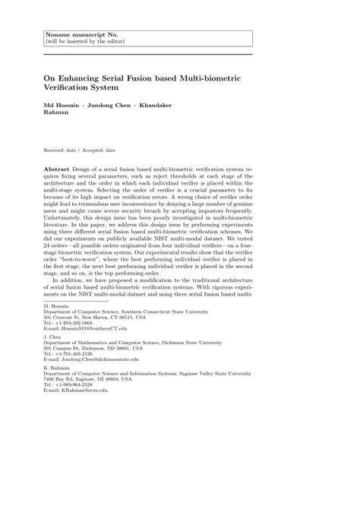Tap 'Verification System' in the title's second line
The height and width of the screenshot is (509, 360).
coord(91,89)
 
